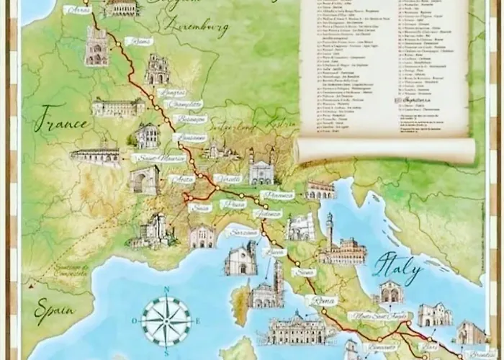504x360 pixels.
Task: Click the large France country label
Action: click(65, 117)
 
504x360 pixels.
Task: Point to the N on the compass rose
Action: click(166, 289)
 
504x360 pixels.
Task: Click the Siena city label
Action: click(305, 272)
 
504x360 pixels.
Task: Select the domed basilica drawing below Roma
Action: click(297, 330)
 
